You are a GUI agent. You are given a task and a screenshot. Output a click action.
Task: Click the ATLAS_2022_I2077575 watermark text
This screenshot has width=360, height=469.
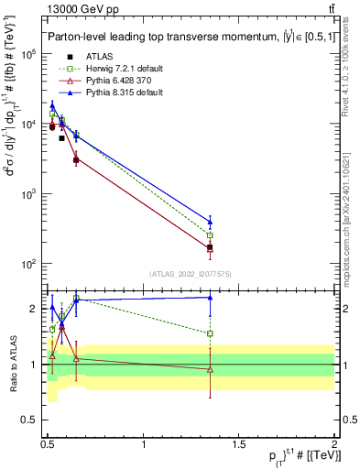tap(190, 274)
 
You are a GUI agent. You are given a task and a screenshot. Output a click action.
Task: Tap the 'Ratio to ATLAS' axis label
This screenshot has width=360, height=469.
tap(13, 365)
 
